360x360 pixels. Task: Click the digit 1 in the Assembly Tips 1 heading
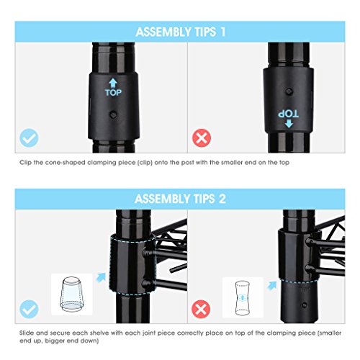[x=223, y=32]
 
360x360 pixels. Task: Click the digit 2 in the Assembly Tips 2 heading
[x=222, y=199]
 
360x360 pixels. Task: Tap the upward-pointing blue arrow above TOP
[x=113, y=84]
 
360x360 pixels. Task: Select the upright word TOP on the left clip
[x=113, y=93]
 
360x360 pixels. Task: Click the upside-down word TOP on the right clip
[x=288, y=114]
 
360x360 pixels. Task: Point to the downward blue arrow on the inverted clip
[x=289, y=124]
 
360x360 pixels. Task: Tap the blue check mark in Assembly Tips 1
[x=29, y=138]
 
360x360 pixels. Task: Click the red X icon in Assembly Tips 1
[x=202, y=138]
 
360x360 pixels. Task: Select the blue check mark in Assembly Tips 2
[x=29, y=309]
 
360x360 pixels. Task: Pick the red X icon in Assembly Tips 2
[x=201, y=309]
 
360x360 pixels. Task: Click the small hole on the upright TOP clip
[x=113, y=114]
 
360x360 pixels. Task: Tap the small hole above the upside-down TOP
[x=289, y=91]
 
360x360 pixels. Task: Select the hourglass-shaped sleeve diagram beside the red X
[x=243, y=297]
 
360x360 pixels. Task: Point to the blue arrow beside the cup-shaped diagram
[x=101, y=277]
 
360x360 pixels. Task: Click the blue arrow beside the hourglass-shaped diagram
[x=272, y=286]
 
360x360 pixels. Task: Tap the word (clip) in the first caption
[x=145, y=163]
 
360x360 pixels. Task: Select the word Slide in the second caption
[x=27, y=333]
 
